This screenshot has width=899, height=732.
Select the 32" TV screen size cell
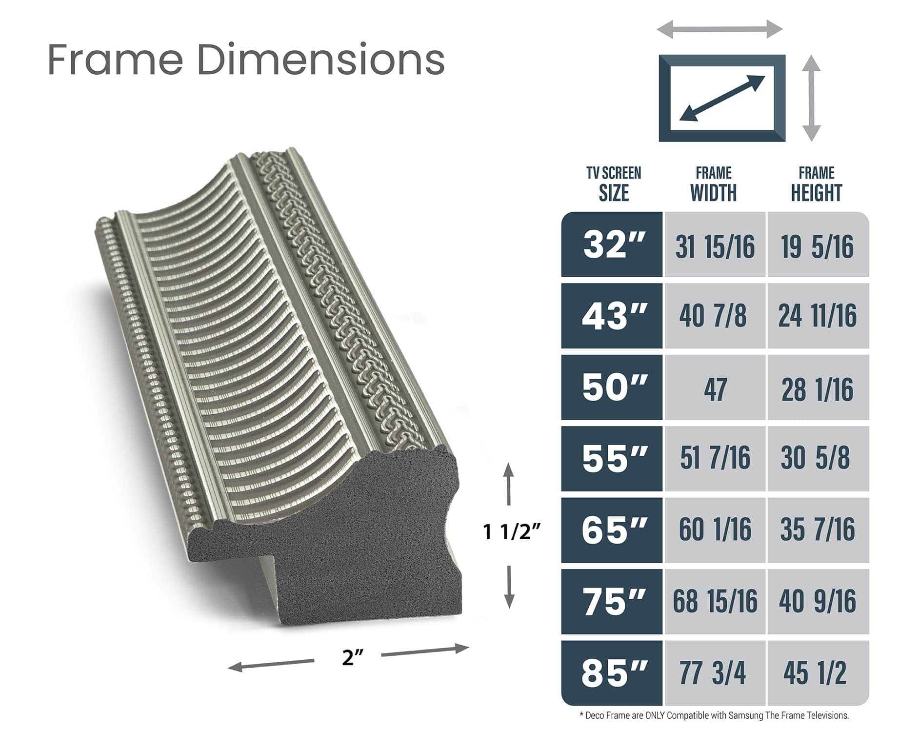pos(612,245)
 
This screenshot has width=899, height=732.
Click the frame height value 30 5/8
pos(817,459)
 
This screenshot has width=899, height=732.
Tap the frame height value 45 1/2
pos(817,673)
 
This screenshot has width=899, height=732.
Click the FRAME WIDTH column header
pos(713,184)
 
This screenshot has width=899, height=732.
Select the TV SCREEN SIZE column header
pos(614,184)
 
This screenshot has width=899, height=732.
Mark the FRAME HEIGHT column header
pos(817,184)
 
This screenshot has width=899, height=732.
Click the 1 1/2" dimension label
pos(512,531)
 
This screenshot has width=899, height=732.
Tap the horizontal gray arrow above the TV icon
pos(720,29)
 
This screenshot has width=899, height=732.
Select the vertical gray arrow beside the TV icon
pos(811,98)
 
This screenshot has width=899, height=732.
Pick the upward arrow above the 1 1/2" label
pos(509,483)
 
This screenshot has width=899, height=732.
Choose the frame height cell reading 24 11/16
pos(818,316)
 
